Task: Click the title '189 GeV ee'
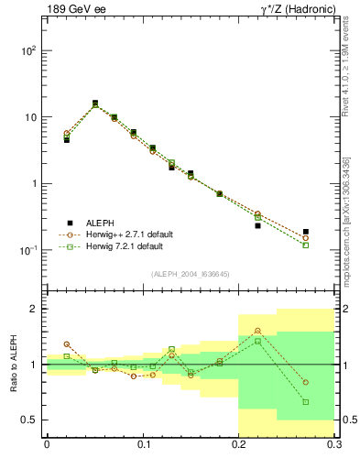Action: coord(74,10)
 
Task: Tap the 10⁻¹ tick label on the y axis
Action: coord(27,250)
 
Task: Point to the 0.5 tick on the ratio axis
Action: coord(28,420)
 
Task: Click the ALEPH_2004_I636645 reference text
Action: coord(190,274)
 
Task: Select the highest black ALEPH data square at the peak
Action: coord(95,104)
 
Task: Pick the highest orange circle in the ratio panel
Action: coord(257,331)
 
